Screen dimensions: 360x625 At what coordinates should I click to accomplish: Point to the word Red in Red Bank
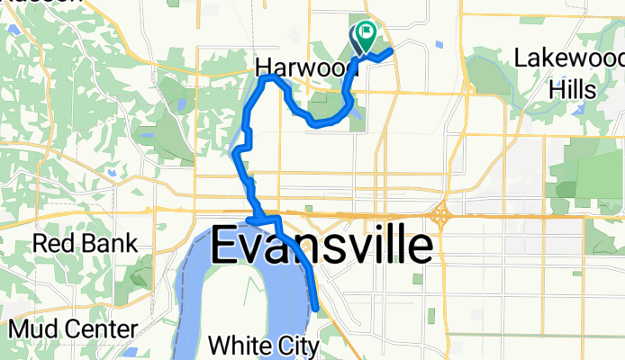tap(53, 243)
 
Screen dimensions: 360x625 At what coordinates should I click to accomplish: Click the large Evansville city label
tap(321, 245)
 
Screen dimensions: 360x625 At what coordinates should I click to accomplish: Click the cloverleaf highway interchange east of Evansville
tap(441, 217)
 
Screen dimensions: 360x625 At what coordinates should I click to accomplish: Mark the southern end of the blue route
tap(317, 309)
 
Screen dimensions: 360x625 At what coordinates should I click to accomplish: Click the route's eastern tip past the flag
tap(392, 52)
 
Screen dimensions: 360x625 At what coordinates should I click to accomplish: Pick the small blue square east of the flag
tap(437, 43)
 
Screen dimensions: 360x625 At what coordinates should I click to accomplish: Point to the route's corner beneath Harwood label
tap(265, 79)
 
